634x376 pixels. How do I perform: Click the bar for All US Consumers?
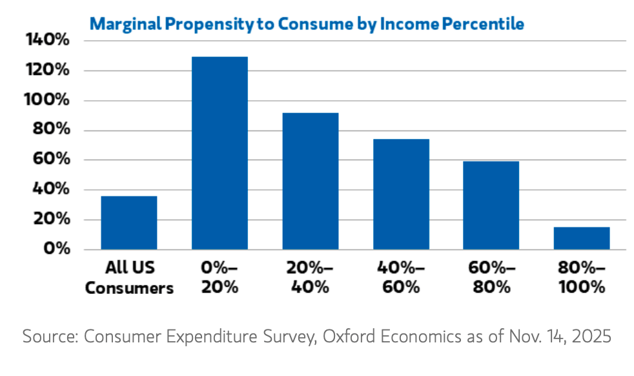129,223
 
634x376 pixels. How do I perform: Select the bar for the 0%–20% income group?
220,153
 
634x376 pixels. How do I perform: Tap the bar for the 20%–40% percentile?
311,181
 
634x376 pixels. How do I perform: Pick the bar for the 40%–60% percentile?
401,194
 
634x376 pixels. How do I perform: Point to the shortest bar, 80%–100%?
581,238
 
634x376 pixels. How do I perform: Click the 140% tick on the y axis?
47,40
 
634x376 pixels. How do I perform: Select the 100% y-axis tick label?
47,100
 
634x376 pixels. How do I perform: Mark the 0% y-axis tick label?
56,249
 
